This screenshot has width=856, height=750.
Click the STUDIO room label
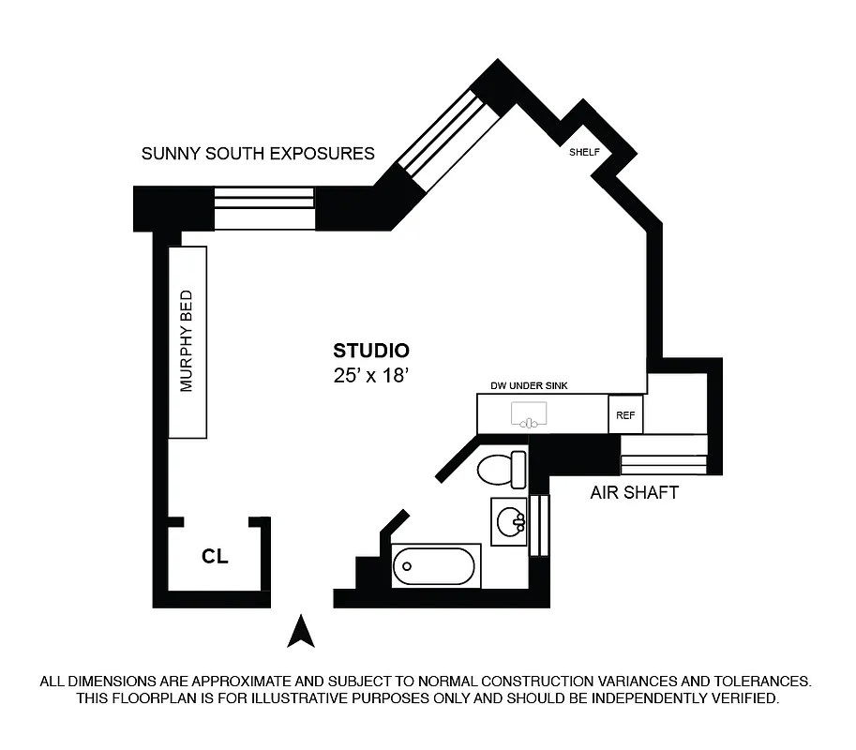[x=371, y=352]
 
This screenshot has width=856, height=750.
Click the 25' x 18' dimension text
[x=371, y=376]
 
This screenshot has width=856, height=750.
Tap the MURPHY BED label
[x=187, y=341]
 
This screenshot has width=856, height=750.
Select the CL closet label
[x=215, y=557]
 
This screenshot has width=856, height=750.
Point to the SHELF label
[x=584, y=152]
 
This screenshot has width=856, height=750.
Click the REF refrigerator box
[x=625, y=414]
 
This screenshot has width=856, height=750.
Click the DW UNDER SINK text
[x=530, y=385]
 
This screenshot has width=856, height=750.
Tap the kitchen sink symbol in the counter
[x=530, y=414]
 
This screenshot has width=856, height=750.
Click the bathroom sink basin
[x=509, y=522]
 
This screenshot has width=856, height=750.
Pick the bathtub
[x=436, y=565]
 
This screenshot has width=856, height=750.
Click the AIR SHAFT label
[x=634, y=492]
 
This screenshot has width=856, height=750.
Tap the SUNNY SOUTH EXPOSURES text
[x=258, y=154]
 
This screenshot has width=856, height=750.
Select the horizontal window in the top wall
[x=263, y=208]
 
